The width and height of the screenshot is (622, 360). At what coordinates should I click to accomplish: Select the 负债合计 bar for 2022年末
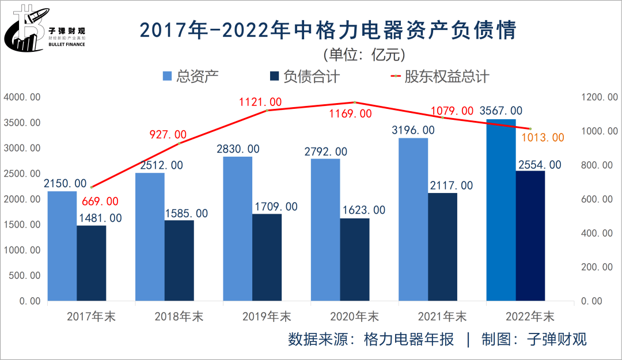530,236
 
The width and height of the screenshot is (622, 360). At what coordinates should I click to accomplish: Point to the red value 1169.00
350,114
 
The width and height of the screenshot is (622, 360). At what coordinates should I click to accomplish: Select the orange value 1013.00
543,138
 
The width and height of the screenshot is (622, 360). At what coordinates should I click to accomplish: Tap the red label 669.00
100,202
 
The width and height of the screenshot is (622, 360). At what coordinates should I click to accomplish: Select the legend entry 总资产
190,76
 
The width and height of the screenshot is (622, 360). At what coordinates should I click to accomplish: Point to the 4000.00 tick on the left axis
22,97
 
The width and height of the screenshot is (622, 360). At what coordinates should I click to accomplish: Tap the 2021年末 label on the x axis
442,317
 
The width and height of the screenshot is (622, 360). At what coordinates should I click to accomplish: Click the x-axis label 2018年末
179,317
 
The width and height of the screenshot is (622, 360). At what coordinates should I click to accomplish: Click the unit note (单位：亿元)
364,54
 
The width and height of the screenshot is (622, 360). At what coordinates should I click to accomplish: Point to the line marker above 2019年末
267,110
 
